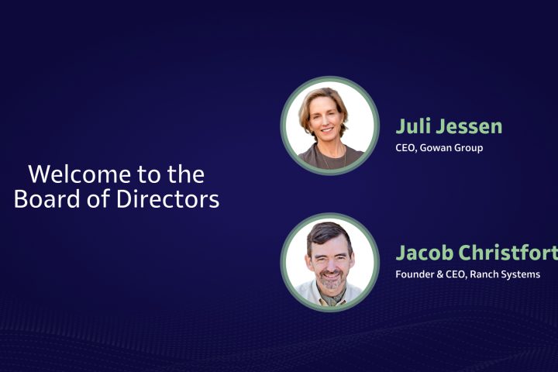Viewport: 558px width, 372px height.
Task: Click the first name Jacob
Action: click(423, 253)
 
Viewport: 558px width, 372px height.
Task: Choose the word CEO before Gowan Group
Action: click(407, 147)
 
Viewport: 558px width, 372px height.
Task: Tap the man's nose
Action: click(330, 263)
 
